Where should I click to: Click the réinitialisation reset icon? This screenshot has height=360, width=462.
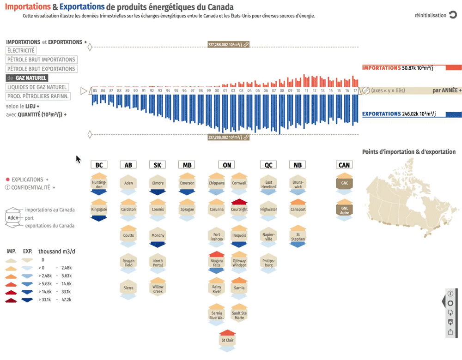tap(453, 15)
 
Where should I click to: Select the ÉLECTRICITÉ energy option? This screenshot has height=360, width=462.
tap(21, 51)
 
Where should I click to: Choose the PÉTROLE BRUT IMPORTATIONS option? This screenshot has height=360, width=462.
tap(41, 60)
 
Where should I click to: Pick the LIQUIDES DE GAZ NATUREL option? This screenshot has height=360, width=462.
tap(37, 87)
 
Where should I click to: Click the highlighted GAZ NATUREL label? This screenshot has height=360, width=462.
tap(31, 78)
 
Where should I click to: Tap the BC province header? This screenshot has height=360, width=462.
tap(99, 165)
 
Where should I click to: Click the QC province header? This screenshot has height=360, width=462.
tap(268, 165)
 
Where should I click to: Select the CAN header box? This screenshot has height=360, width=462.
tap(344, 165)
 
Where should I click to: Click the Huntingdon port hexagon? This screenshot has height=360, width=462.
tap(99, 184)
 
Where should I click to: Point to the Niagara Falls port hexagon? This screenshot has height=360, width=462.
tap(217, 263)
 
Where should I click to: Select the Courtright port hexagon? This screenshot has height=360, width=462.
tap(239, 210)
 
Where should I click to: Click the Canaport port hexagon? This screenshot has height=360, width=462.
tap(298, 210)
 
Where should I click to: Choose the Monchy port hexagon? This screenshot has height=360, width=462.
tap(158, 236)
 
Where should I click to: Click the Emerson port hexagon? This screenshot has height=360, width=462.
tap(187, 184)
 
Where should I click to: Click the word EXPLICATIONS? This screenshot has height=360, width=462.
tap(27, 180)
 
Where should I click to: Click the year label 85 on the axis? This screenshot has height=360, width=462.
tap(95, 91)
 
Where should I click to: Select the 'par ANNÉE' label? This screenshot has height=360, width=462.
tap(444, 91)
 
